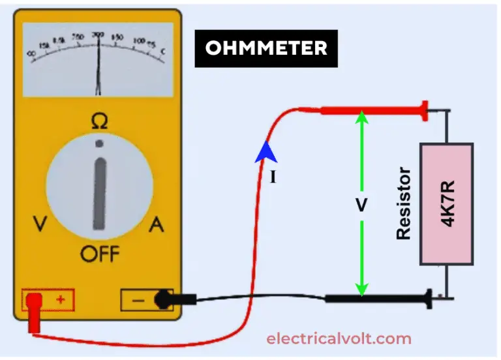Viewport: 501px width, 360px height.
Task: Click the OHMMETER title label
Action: [266, 48]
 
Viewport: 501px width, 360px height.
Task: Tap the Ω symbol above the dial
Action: [99, 121]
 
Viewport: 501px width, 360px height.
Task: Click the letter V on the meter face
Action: [40, 226]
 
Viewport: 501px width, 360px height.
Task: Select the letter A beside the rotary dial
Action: [157, 226]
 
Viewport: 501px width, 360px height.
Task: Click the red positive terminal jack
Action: [34, 301]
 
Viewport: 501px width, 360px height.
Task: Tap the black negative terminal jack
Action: [161, 300]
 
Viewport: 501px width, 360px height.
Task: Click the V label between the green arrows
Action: [361, 205]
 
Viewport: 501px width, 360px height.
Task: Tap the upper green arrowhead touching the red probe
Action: [361, 117]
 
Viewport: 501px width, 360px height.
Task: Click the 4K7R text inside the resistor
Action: [448, 204]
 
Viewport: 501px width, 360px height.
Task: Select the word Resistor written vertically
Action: [404, 203]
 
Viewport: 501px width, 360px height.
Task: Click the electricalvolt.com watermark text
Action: [339, 338]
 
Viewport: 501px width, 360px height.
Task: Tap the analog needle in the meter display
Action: [99, 65]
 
